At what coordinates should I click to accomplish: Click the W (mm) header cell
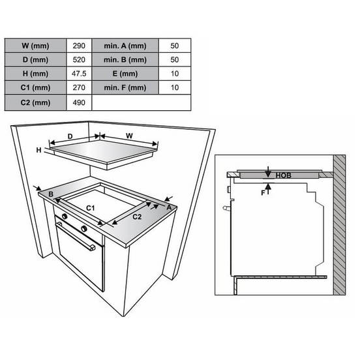pos(35,46)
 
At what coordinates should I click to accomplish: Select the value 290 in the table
pos(79,46)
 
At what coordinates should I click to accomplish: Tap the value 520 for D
pos(79,60)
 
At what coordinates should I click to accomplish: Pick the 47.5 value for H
pos(79,74)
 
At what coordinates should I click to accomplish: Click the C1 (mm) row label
pos(35,87)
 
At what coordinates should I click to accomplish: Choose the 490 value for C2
pos(79,102)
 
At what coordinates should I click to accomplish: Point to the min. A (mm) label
pos(125,46)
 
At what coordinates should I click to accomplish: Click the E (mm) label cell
pos(125,74)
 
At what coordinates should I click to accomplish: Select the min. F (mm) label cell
pos(125,87)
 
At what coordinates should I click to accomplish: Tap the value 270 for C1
pos(79,87)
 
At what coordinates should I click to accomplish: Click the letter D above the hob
pos(70,136)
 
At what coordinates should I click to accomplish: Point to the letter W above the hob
pos(129,136)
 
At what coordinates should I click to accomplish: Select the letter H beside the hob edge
pos(38,150)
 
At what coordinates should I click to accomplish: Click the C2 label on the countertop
pos(137,217)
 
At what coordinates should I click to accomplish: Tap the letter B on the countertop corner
pos(51,194)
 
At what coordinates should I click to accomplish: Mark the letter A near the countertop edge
pos(169,207)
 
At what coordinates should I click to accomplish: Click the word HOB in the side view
pos(283,175)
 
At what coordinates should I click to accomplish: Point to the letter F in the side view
pos(263,193)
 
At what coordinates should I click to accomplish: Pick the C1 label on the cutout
pos(90,208)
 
